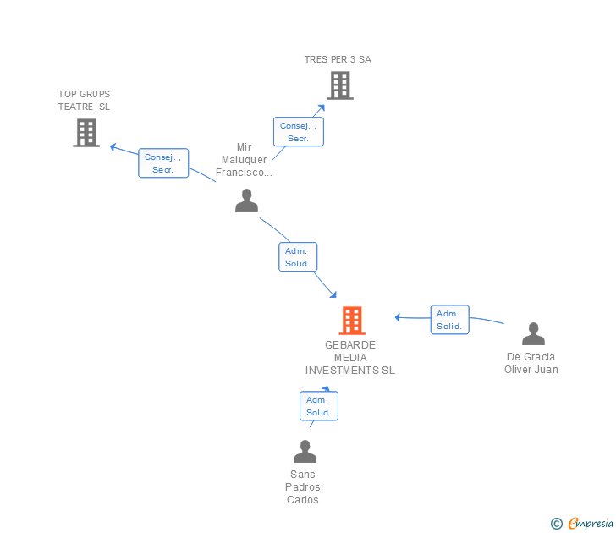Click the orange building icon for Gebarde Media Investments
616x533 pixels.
coord(351,321)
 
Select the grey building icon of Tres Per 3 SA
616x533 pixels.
coord(339,85)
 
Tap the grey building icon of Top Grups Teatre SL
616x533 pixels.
coord(86,133)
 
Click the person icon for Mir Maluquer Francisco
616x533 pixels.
coord(246,201)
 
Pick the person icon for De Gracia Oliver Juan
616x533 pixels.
coord(533,334)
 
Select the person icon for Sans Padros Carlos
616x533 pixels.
coord(305,452)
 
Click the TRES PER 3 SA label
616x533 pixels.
coord(338,59)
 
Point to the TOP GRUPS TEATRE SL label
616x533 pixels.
coord(84,101)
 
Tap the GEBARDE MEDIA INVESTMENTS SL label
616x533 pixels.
coord(349,358)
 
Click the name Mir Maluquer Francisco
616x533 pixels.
coord(244,160)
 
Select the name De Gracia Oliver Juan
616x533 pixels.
coord(531,363)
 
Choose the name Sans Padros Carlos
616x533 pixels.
coord(303,487)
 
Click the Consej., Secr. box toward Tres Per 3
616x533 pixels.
coord(298,132)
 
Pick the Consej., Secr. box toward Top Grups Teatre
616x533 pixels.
coord(163,163)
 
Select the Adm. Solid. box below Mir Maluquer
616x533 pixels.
coord(298,257)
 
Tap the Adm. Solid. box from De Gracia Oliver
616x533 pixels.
coord(449,320)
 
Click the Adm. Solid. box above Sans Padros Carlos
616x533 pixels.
coord(319,406)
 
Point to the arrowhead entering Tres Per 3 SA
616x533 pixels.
coord(321,107)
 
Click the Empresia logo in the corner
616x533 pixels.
coord(583,523)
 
